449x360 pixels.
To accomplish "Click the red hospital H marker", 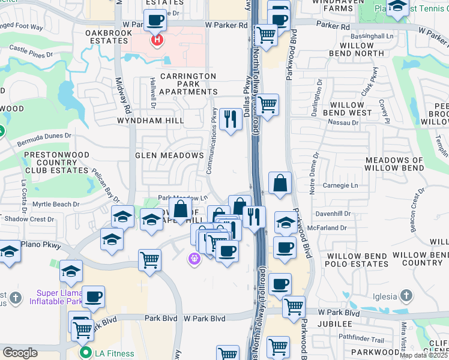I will (x=157, y=41).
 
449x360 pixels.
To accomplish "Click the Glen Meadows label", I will (x=169, y=155).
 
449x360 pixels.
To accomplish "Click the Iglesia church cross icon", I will (x=406, y=296).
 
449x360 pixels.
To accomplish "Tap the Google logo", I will (x=20, y=353).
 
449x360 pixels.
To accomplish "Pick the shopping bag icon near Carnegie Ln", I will (x=280, y=183).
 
